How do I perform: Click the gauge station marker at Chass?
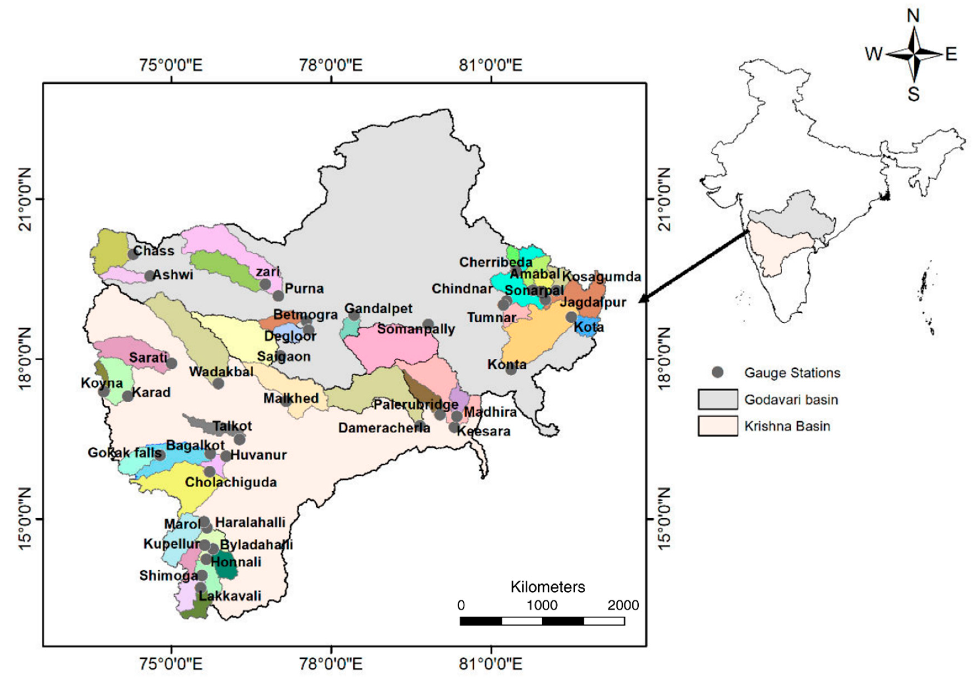[x=133, y=254]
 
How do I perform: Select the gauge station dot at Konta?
[x=511, y=369]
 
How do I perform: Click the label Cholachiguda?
[x=231, y=482]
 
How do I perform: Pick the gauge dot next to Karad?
[x=128, y=396]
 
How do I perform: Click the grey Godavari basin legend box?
[x=717, y=399]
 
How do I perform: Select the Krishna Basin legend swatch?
[x=717, y=426]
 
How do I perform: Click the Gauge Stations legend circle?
[x=718, y=372]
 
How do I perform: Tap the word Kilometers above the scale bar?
[x=548, y=587]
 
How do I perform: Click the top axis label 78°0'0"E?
[x=331, y=65]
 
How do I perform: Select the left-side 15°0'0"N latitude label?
[x=25, y=519]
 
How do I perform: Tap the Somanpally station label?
[x=416, y=329]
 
